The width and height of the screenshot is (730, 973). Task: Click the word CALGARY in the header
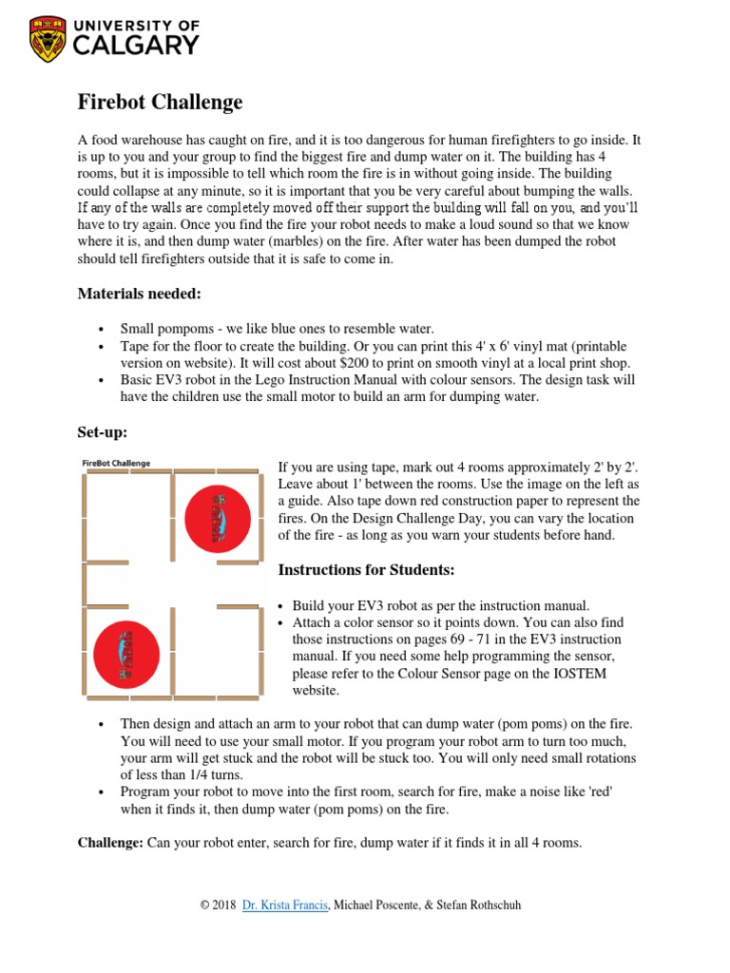point(138,45)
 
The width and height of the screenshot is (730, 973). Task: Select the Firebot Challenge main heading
point(160,102)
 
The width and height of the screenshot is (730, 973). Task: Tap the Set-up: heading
point(102,432)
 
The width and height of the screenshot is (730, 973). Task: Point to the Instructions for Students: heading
point(366,570)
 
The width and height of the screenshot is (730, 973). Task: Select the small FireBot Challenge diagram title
point(116,464)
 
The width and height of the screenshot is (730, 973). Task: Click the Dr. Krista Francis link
point(285,906)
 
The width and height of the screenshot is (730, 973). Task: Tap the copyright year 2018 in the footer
point(225,906)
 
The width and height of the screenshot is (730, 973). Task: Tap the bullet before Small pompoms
point(101,330)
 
